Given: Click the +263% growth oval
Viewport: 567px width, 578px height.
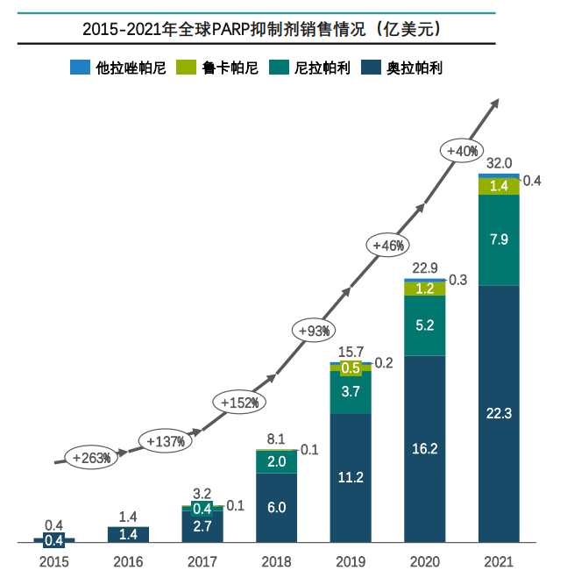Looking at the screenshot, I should (90, 457).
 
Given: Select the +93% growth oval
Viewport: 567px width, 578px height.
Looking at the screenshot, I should (313, 330).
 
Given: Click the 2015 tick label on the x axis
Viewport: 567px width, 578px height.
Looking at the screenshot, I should (53, 560).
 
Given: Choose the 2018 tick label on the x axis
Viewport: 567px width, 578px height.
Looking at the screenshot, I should (276, 560).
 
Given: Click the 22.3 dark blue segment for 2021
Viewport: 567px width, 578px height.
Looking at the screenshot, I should (498, 413).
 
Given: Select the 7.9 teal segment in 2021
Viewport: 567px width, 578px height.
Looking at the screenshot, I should (498, 239).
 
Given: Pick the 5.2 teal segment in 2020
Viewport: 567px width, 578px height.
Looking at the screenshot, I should (424, 325).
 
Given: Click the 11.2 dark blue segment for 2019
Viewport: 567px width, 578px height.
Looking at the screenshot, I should (350, 478).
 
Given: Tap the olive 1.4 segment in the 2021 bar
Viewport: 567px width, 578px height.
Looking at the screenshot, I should (498, 186).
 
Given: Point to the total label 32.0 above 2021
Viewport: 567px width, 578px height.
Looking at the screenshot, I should (498, 164).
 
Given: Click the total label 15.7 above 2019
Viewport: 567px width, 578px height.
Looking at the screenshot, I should (350, 352).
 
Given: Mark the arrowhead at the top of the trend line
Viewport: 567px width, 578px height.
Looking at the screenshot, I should (494, 103).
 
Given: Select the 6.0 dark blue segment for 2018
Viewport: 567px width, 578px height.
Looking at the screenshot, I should (276, 508).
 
